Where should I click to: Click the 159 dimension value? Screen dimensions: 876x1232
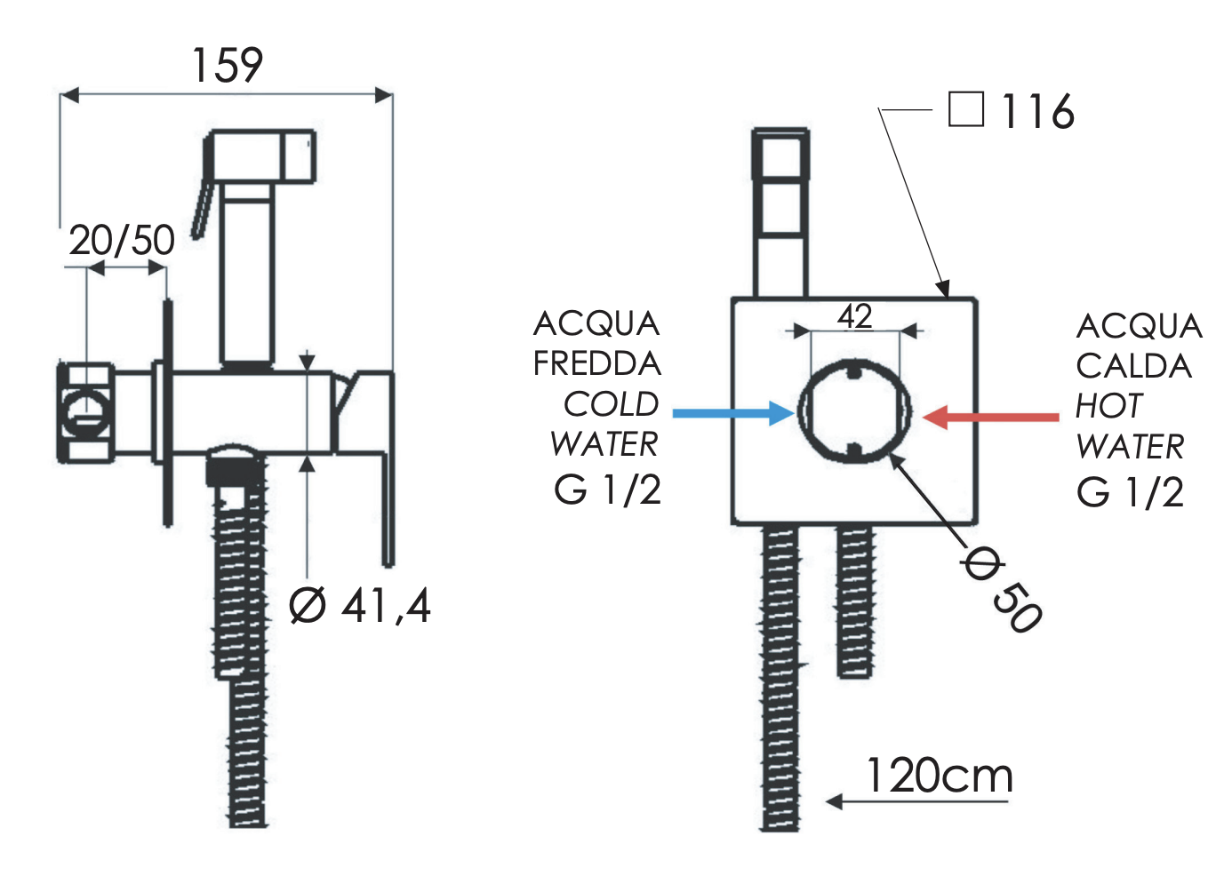228,66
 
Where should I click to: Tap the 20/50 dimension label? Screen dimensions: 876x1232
122,240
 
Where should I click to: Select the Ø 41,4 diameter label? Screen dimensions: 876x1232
360,606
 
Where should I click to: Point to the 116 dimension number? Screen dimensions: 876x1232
1037,112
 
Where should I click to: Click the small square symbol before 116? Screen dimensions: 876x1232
966,109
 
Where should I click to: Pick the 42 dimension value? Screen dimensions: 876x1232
855,316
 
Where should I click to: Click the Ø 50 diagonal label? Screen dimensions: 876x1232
1003,590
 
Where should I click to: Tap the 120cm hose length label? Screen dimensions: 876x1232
940,776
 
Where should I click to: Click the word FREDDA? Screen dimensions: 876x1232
597,363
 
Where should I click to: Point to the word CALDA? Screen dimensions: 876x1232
1133,366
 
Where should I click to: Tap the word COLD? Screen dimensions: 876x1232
612,404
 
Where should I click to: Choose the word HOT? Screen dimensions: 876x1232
1108,406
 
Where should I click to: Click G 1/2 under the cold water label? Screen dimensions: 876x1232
608,490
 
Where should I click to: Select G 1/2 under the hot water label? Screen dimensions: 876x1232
1130,492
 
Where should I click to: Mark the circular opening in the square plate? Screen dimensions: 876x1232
854,411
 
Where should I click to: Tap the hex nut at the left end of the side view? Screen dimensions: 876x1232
85,412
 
